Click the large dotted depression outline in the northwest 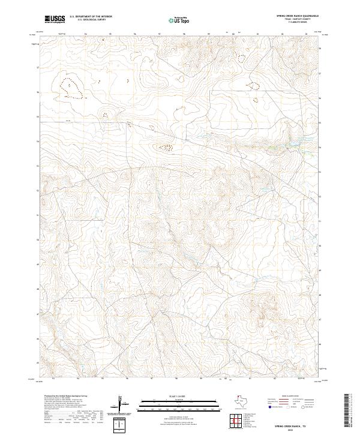(x=71, y=88)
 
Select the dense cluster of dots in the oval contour (x=165, y=146)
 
